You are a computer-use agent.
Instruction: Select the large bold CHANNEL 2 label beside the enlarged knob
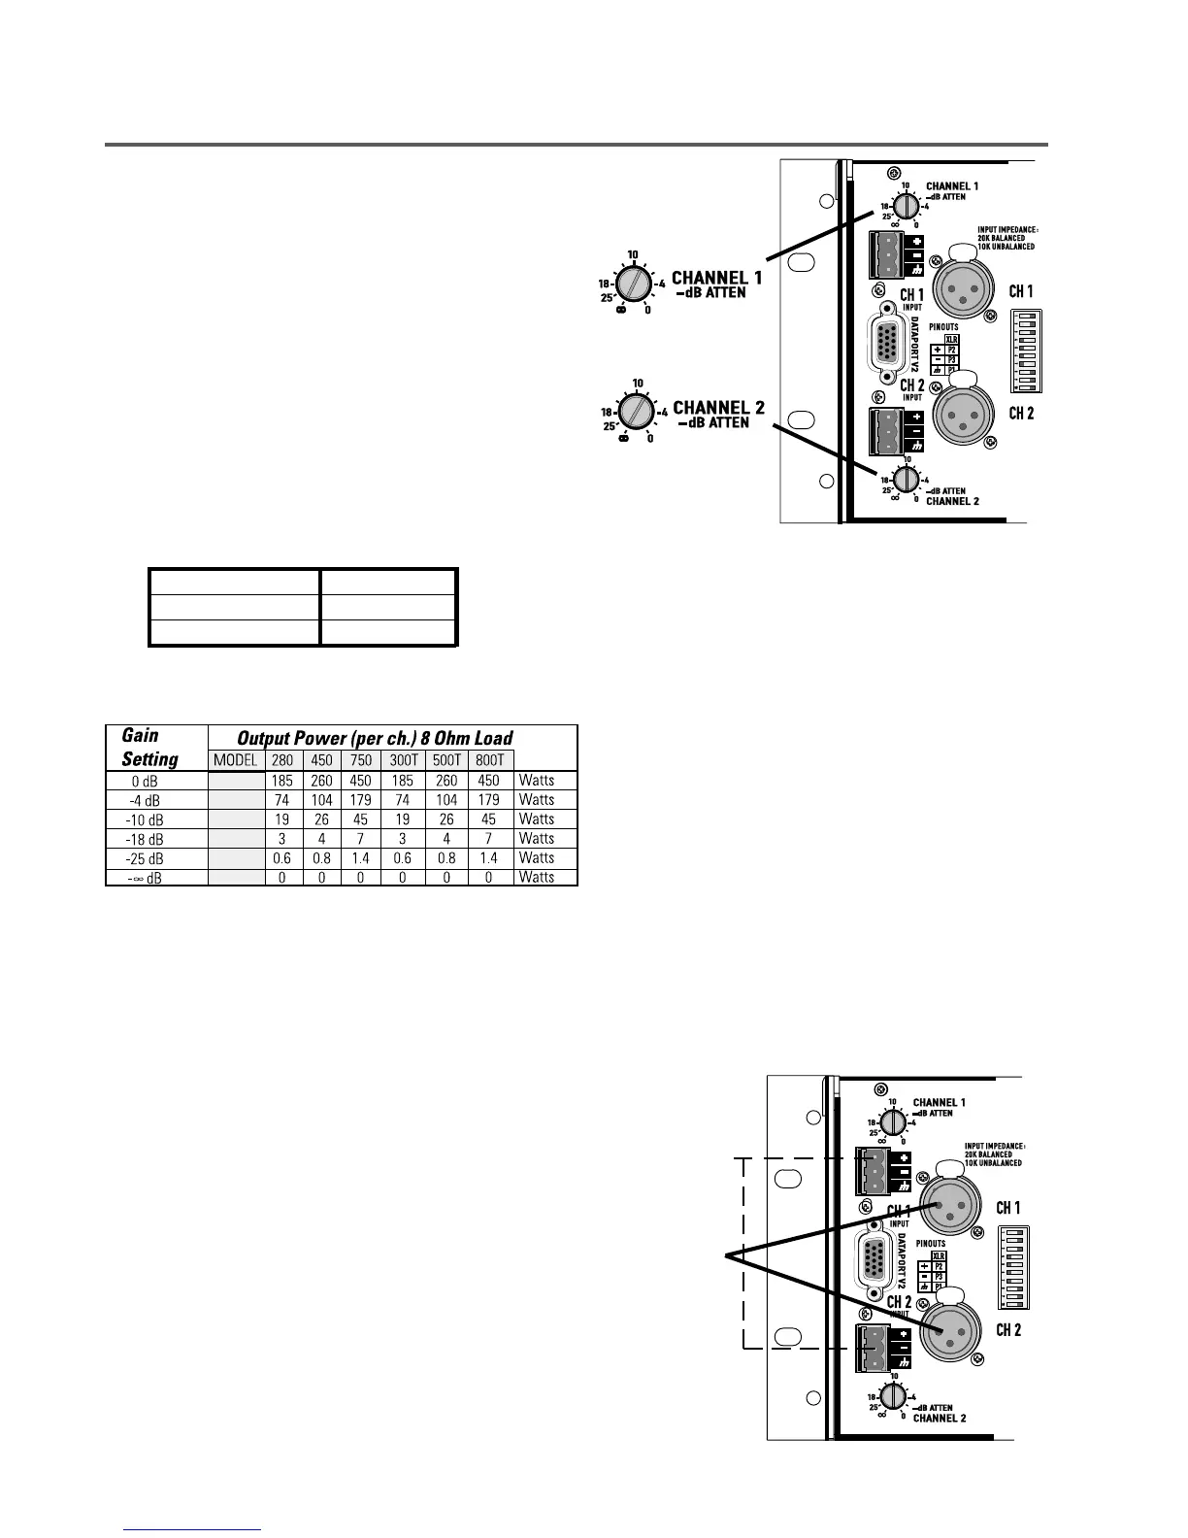[x=718, y=408]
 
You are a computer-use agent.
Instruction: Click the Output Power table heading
[x=375, y=738]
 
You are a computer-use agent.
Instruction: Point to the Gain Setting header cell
[x=149, y=747]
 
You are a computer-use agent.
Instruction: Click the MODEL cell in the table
[x=235, y=760]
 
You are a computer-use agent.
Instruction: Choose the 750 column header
[x=361, y=760]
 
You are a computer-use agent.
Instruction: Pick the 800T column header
[x=489, y=760]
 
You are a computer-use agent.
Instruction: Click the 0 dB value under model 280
[x=282, y=781]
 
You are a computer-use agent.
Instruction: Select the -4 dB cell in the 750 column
[x=361, y=800]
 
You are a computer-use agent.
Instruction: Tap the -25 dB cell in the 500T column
[x=446, y=858]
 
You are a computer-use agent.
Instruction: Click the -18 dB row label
[x=146, y=839]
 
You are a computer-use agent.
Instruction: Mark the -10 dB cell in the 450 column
[x=321, y=819]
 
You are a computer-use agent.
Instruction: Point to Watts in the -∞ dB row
[x=537, y=878]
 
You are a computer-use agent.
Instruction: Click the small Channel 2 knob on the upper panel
[x=905, y=478]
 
